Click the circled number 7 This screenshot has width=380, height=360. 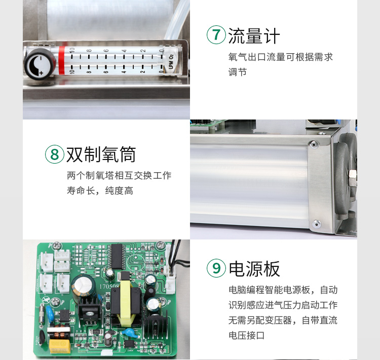point(216,34)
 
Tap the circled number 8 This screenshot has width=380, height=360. point(55,154)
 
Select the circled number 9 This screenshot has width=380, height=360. point(216,268)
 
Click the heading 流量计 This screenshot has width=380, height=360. point(254,36)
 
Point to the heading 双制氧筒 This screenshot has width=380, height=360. point(101,154)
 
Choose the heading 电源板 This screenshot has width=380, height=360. point(254,269)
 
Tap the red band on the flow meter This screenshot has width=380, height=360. point(62,61)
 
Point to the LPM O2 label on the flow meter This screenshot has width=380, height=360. point(171,62)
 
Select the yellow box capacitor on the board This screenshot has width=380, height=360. point(60,346)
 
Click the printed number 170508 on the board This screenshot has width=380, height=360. point(109,287)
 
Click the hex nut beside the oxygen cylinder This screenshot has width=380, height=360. point(352,177)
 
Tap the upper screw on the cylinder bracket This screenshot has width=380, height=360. point(314,144)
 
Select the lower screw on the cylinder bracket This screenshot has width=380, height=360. point(316,224)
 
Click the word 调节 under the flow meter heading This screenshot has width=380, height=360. point(237,72)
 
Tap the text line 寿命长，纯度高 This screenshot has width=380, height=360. point(100,191)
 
